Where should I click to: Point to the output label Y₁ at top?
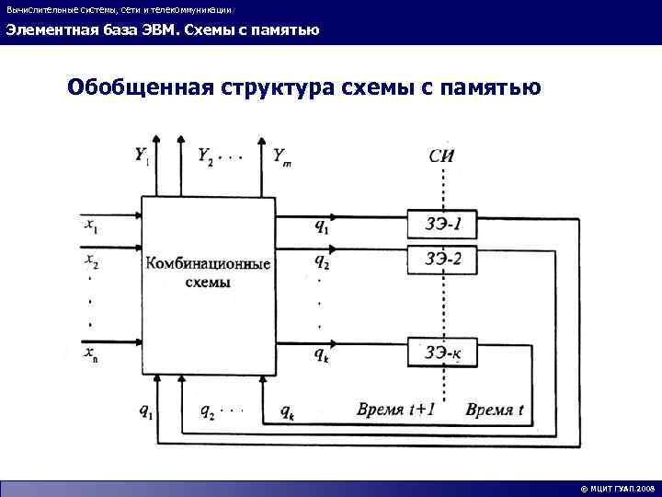click(x=143, y=157)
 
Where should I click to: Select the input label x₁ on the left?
click(x=90, y=224)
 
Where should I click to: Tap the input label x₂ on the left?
click(x=90, y=261)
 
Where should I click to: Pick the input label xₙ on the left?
click(x=90, y=353)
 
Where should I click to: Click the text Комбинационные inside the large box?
click(x=207, y=264)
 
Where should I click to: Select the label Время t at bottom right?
click(x=494, y=410)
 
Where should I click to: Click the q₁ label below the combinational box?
click(x=146, y=412)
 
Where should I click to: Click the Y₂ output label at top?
click(x=208, y=156)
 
